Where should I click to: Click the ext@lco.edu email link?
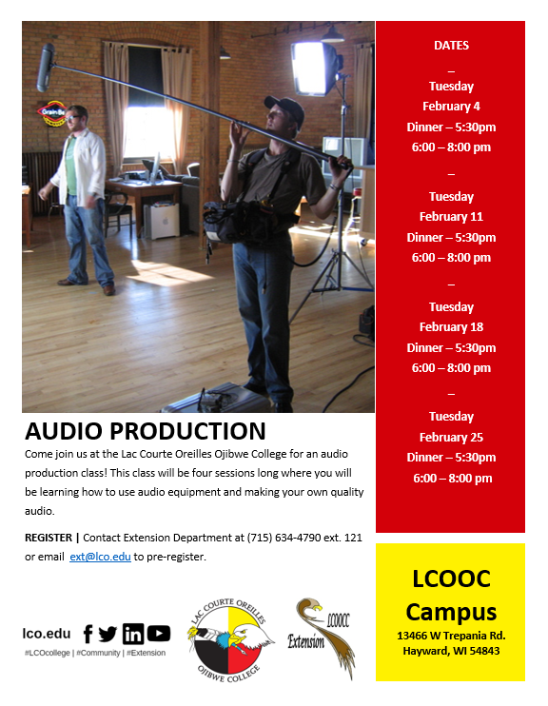(100, 557)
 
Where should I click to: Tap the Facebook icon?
(88, 634)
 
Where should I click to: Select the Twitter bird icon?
(108, 635)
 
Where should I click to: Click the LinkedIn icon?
(133, 634)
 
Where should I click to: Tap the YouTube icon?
(159, 634)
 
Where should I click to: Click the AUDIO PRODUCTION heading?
(146, 431)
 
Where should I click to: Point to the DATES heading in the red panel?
(451, 46)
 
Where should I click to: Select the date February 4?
(451, 107)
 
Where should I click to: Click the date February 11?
(451, 217)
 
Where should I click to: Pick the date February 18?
(451, 327)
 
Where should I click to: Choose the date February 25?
(451, 437)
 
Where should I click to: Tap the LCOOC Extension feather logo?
(321, 638)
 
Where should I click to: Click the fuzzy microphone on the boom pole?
(46, 68)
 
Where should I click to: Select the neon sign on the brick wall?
(53, 113)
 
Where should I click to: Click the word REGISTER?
(49, 538)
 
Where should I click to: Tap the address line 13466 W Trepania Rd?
(451, 636)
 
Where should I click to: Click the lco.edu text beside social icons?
(47, 634)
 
